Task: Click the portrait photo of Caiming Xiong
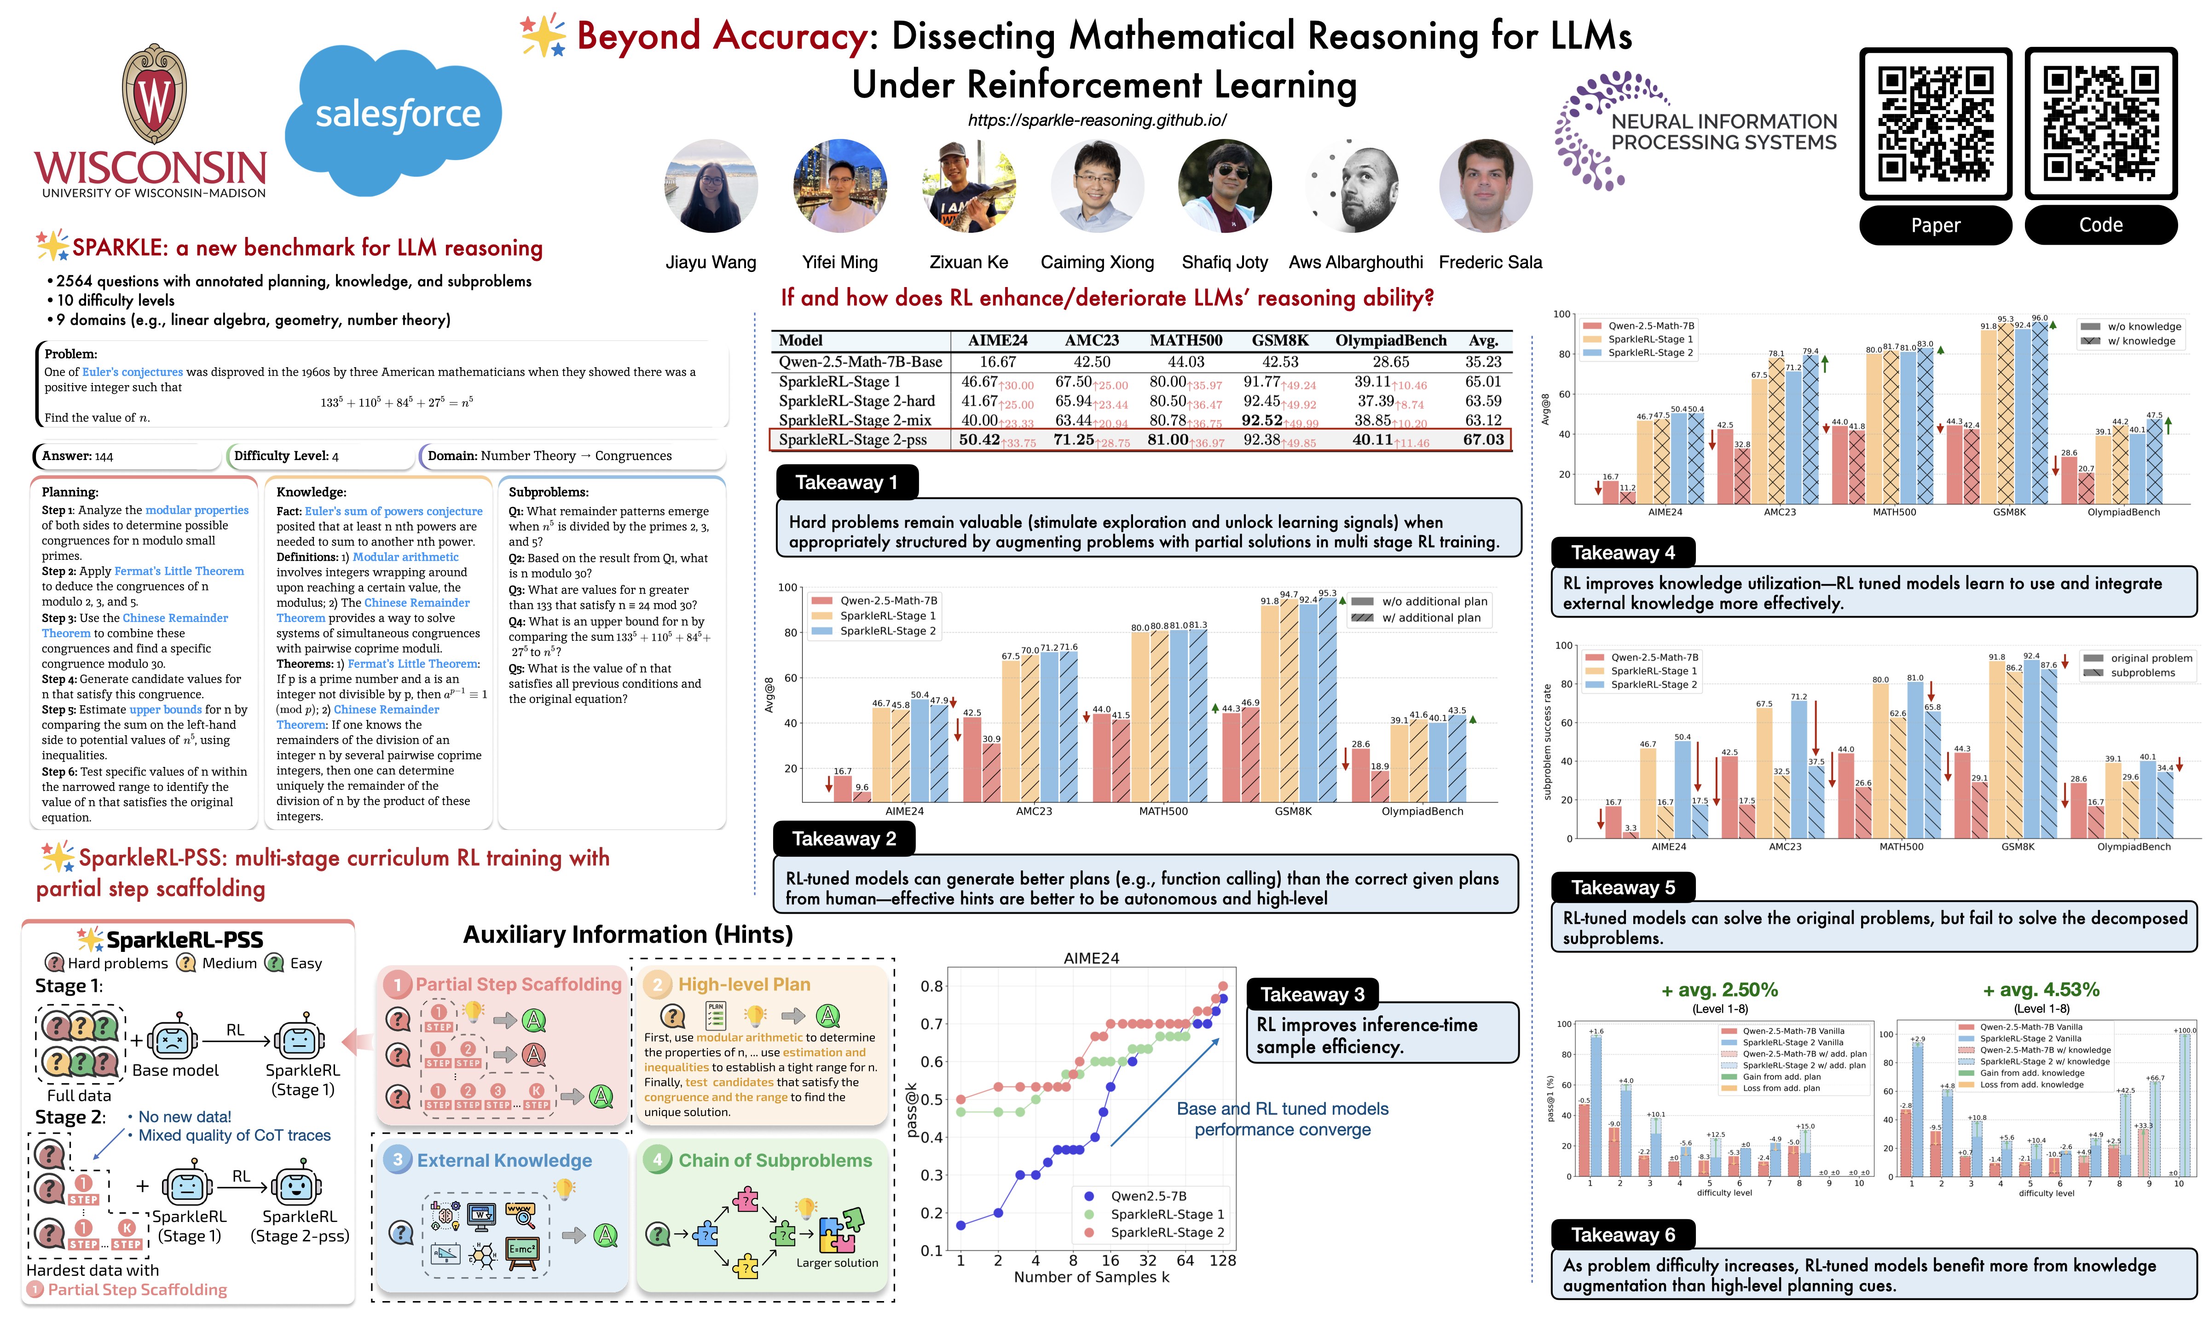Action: click(x=1097, y=186)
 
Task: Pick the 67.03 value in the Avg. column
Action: click(x=1483, y=439)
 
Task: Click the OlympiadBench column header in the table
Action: click(x=1390, y=340)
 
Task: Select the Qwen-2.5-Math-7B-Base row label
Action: click(x=860, y=362)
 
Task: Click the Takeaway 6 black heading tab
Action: click(x=1622, y=1235)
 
